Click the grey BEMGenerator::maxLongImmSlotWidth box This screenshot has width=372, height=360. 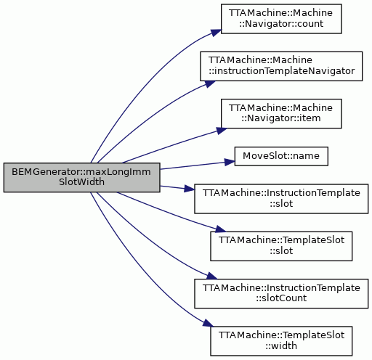click(81, 178)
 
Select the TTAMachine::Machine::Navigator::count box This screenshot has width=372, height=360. click(281, 19)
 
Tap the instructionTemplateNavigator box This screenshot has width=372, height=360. click(281, 66)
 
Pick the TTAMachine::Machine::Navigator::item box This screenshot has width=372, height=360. click(281, 113)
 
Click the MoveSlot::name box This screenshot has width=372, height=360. click(281, 156)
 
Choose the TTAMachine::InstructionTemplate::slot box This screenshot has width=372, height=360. click(281, 199)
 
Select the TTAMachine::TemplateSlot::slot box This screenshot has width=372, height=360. click(281, 246)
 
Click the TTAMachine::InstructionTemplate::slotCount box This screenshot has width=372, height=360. click(281, 293)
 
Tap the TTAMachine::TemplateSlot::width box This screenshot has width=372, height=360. click(281, 341)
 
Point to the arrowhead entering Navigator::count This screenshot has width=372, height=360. click(217, 33)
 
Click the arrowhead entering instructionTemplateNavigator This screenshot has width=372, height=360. click(210, 83)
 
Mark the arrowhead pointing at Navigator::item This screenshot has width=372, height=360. click(222, 130)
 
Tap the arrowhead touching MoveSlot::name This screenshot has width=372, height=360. click(230, 162)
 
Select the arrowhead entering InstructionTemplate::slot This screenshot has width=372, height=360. click(190, 189)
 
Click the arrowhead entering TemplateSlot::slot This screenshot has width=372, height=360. click(220, 229)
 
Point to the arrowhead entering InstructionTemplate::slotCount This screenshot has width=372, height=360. click(212, 276)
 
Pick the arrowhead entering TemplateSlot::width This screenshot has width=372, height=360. click(209, 324)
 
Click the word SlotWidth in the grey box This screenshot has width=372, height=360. click(81, 182)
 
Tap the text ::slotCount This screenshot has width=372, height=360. click(281, 298)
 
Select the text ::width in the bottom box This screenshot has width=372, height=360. click(281, 345)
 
